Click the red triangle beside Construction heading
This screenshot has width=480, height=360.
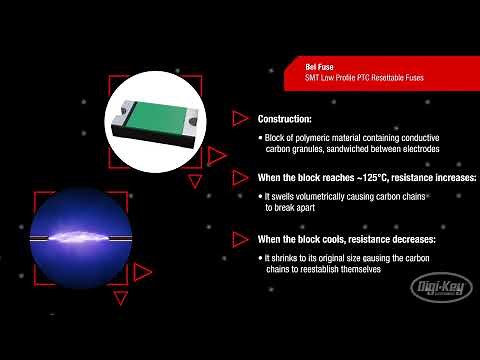pos(240,118)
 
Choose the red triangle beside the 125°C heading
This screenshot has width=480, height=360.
pos(240,177)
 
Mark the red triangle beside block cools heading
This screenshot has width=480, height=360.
pos(240,239)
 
